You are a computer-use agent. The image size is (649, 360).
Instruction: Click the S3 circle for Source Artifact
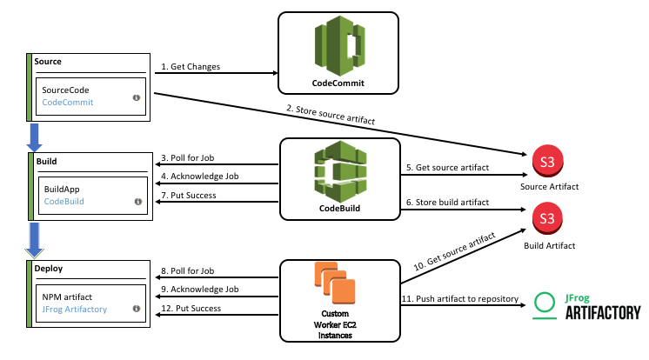click(545, 161)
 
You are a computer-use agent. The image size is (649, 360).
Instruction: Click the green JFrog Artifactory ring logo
click(545, 303)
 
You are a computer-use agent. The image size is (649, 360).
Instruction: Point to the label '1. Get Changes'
click(191, 67)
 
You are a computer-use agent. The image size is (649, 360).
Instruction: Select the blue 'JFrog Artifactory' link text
click(75, 309)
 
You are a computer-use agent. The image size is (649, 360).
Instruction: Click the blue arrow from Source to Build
click(35, 137)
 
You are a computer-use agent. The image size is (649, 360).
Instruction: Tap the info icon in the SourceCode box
click(137, 98)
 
